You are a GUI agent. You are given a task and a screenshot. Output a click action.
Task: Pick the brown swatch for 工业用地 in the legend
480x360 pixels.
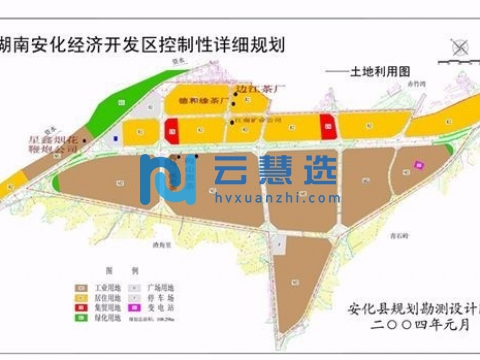[75, 285]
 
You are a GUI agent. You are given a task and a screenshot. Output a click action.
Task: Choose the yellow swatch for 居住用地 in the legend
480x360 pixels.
[75, 296]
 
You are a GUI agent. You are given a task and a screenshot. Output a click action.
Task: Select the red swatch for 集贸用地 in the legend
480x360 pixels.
[75, 307]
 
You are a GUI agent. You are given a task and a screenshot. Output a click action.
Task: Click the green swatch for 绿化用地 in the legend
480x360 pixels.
[75, 318]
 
